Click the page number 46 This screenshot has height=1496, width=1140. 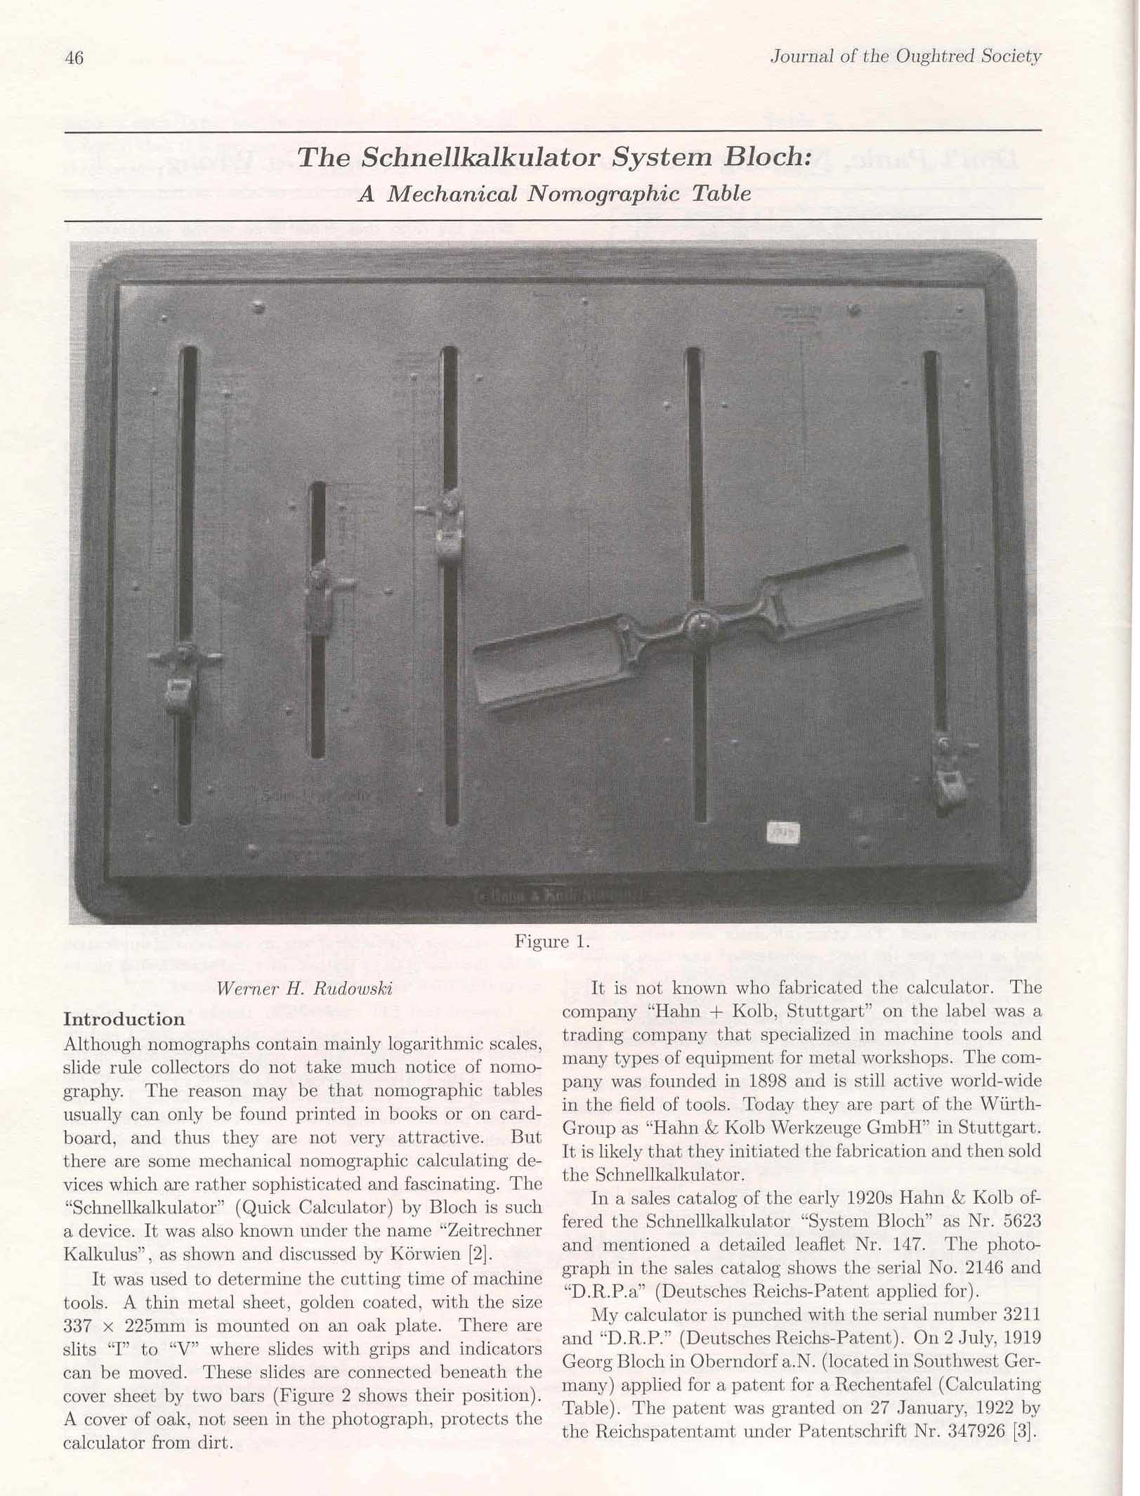(x=74, y=58)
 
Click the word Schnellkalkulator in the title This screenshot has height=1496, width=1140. (x=480, y=157)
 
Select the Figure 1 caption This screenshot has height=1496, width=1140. (x=551, y=942)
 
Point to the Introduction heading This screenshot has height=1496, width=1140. (x=124, y=1019)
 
